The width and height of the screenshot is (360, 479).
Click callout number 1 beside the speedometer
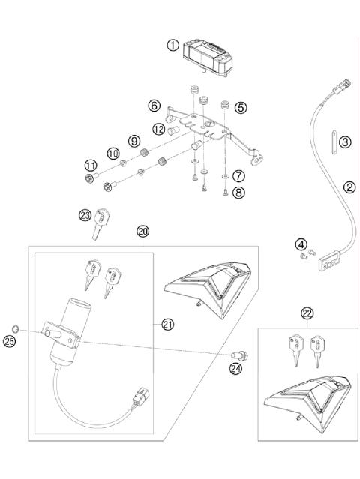pyautogui.click(x=173, y=46)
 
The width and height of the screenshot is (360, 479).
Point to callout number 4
pyautogui.click(x=300, y=244)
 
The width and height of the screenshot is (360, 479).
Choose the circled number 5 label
pyautogui.click(x=241, y=107)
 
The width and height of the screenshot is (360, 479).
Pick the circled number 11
pyautogui.click(x=90, y=165)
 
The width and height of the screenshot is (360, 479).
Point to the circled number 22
pyautogui.click(x=307, y=313)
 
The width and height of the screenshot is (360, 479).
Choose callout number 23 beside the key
pyautogui.click(x=85, y=216)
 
